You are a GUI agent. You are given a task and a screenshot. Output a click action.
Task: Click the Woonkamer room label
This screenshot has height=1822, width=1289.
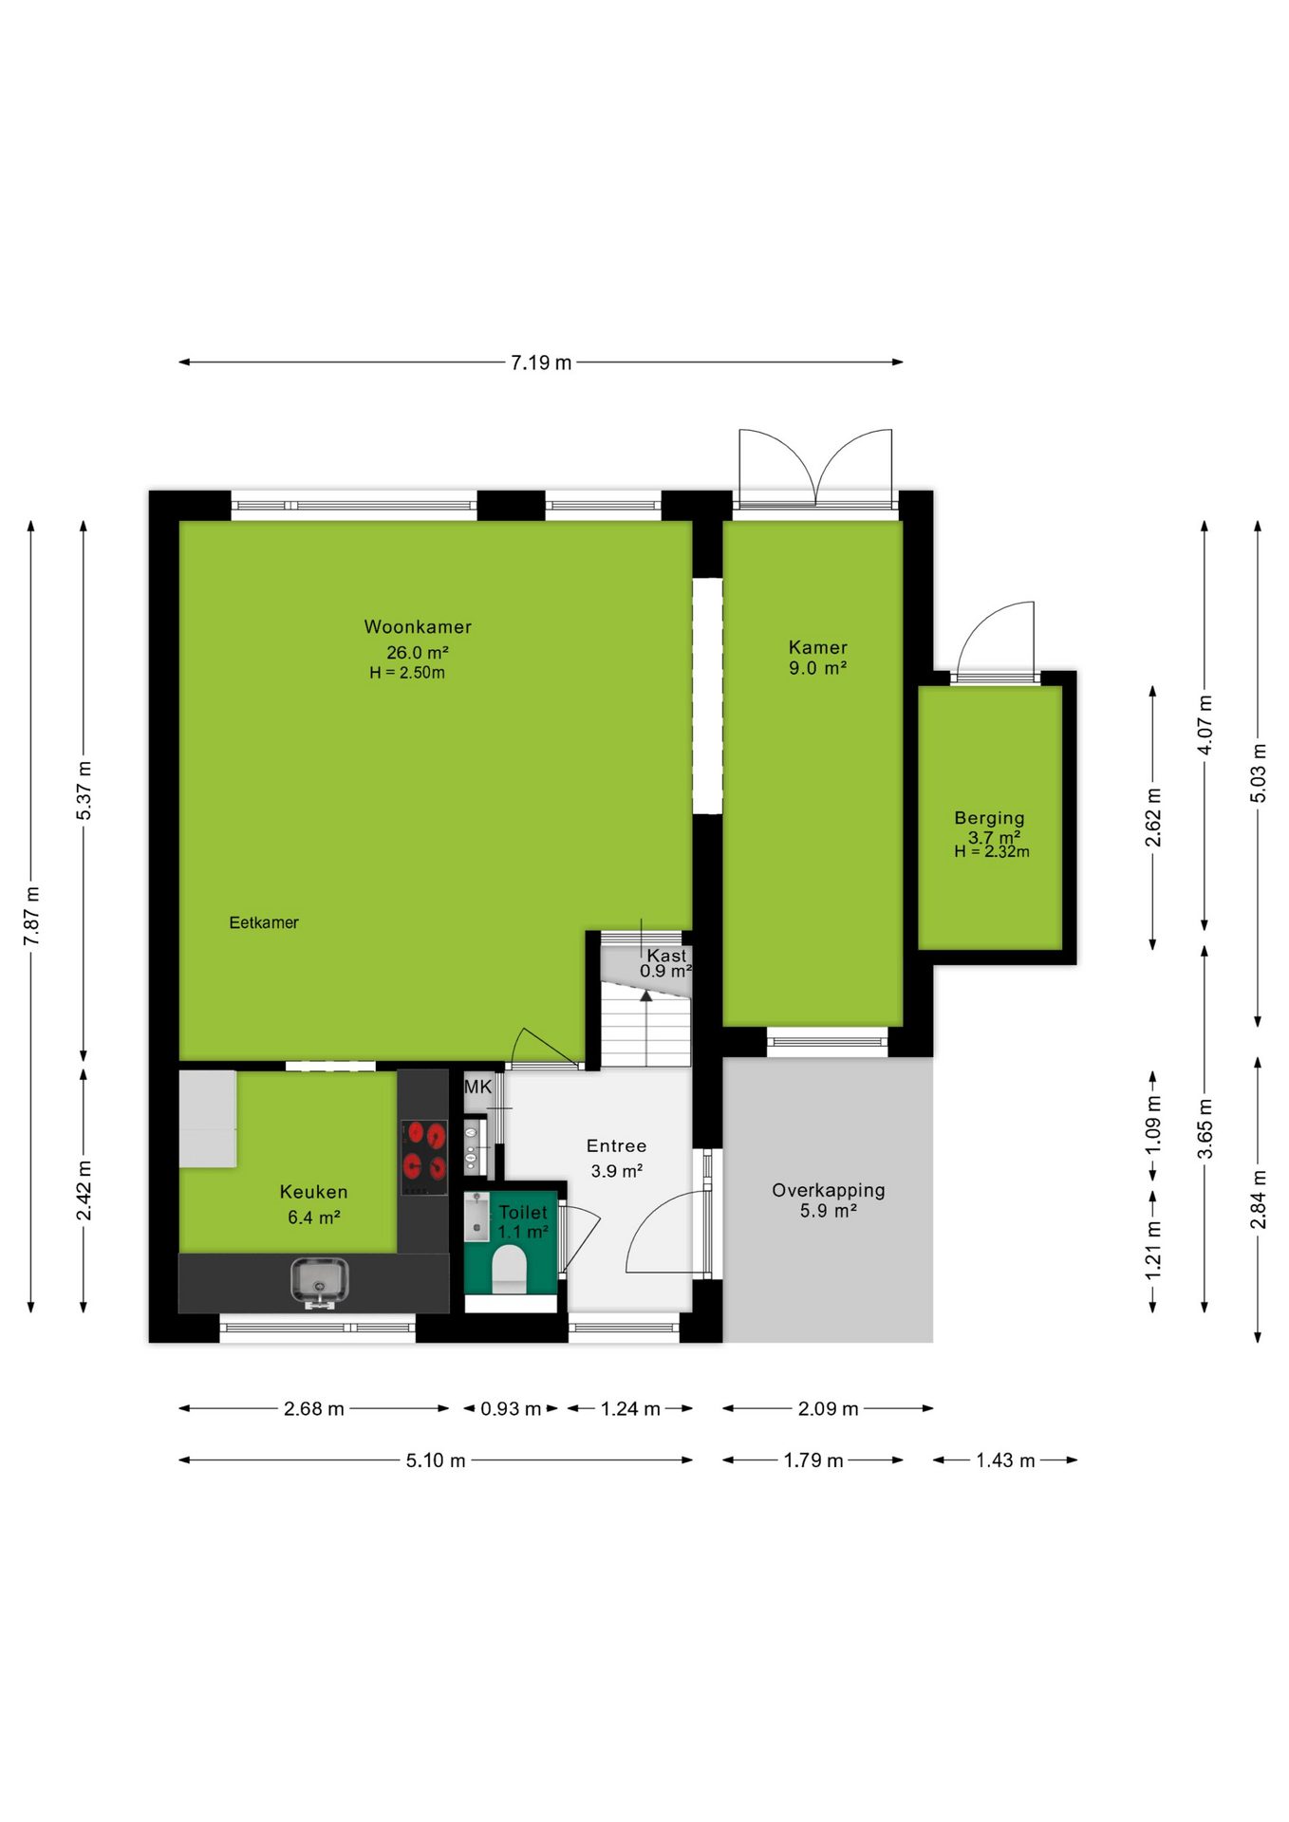pos(418,626)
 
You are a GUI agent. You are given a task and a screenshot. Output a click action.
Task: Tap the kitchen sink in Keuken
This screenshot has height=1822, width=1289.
pos(320,1282)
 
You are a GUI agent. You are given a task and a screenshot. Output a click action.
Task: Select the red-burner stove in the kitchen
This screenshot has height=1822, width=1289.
pos(424,1157)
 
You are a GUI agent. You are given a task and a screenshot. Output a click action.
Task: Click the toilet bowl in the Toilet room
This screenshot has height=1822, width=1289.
pos(510,1268)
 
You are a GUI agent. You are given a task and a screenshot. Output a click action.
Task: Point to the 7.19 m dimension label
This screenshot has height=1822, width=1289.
pos(541,363)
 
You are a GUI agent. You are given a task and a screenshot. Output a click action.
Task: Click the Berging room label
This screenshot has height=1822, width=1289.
pos(989,818)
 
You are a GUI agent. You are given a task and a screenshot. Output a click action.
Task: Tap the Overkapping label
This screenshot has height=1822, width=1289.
pos(829,1190)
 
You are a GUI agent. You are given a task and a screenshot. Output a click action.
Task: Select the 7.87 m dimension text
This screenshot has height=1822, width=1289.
pos(32,915)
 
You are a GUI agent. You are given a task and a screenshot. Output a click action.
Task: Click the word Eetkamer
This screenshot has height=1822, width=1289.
pos(264,922)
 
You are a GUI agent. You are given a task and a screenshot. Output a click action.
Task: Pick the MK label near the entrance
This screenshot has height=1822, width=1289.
pos(478,1087)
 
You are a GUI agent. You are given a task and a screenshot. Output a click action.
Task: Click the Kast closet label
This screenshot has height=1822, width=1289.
pos(666,956)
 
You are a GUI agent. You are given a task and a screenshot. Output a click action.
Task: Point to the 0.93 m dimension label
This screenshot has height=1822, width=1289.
pos(511,1409)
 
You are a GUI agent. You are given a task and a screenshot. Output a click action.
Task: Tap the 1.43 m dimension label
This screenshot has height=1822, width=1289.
pos(1005,1460)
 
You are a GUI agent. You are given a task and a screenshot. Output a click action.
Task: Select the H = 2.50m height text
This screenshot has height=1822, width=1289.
pos(407,673)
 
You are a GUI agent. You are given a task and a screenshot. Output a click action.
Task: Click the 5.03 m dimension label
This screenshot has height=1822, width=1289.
pos(1259,772)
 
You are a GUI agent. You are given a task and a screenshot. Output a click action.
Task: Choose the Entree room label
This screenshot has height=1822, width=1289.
pos(616,1146)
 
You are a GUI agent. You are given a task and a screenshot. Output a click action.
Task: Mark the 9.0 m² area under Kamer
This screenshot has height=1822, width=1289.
pos(817,668)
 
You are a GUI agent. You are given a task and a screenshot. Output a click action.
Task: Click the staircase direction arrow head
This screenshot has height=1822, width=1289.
pos(646,995)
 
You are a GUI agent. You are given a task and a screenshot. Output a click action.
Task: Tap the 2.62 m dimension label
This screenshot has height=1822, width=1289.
pos(1153,817)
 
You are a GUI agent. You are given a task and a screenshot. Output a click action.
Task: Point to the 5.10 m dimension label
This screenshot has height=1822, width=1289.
pos(436,1460)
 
